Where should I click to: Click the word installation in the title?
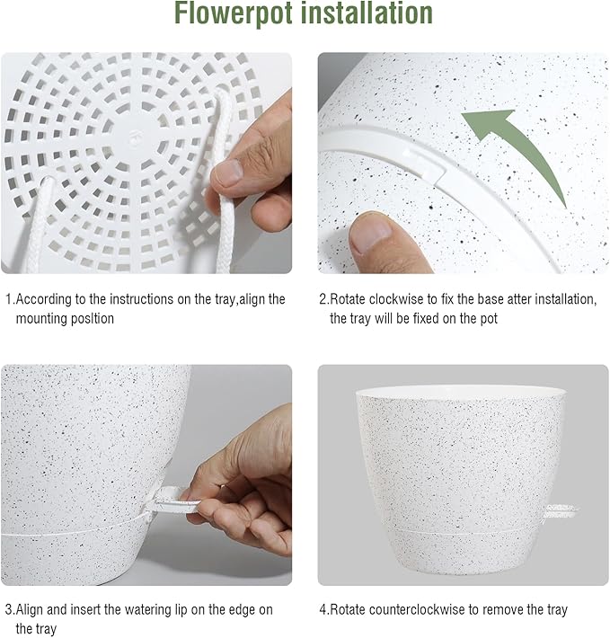point(368,14)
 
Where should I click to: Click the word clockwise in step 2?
point(396,299)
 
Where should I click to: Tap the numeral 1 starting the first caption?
point(9,299)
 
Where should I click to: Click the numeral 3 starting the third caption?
point(9,610)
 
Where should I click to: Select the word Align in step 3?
point(33,610)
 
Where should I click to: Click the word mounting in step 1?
point(43,319)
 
